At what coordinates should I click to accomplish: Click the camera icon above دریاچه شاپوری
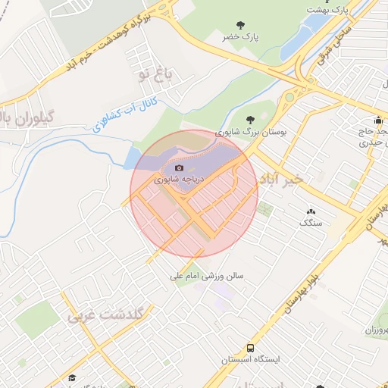click(x=180, y=167)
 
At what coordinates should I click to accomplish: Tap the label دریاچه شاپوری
click(x=179, y=180)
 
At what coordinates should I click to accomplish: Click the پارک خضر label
click(x=240, y=36)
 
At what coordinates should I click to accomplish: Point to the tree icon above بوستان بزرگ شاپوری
click(x=251, y=118)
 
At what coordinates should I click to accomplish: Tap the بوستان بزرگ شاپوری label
click(x=252, y=131)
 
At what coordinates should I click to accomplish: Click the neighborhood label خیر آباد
click(x=281, y=178)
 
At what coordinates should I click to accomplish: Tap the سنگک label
click(x=311, y=223)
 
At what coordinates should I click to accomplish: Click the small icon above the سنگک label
click(x=311, y=211)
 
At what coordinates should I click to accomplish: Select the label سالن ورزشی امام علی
click(x=206, y=277)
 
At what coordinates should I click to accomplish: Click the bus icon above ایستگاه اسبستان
click(x=247, y=347)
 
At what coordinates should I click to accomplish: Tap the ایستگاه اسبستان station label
click(x=248, y=359)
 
